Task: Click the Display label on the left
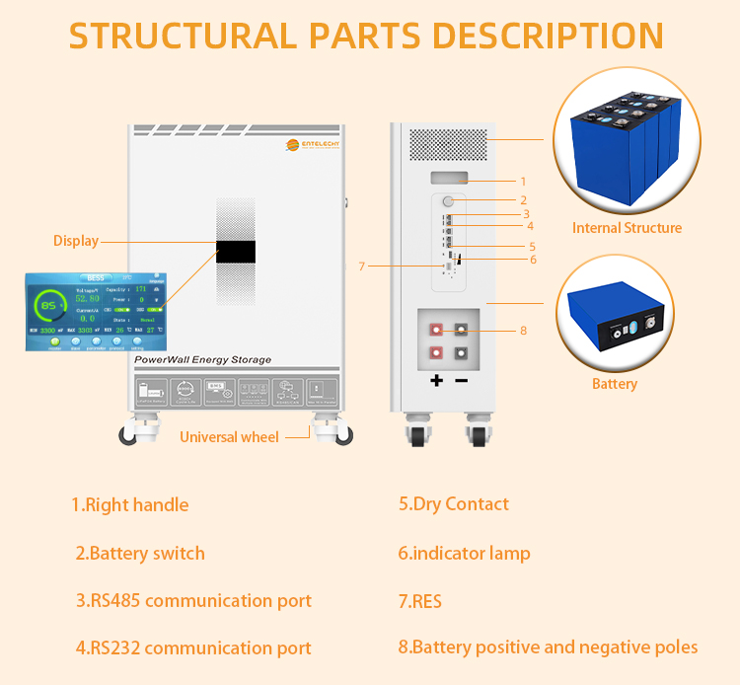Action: tap(76, 240)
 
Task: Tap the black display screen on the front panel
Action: tap(236, 252)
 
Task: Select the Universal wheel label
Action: tap(229, 436)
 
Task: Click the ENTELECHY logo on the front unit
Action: tap(314, 146)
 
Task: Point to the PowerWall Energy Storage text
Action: tap(202, 360)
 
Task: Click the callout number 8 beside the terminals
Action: tap(523, 331)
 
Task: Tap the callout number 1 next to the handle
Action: tap(523, 181)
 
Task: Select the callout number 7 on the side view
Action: tap(362, 266)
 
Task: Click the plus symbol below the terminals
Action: tap(437, 380)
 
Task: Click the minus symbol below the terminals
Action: tap(461, 380)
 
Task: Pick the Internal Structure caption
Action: tap(627, 228)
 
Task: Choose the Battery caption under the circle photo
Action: tap(615, 384)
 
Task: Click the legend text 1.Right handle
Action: tap(129, 504)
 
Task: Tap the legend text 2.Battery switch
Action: tap(140, 553)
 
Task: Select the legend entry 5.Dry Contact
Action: tap(454, 503)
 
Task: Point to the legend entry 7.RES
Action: tap(420, 600)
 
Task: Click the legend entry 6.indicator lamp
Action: tap(464, 553)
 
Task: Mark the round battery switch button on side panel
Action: tap(448, 201)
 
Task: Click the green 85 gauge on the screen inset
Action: tap(46, 306)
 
